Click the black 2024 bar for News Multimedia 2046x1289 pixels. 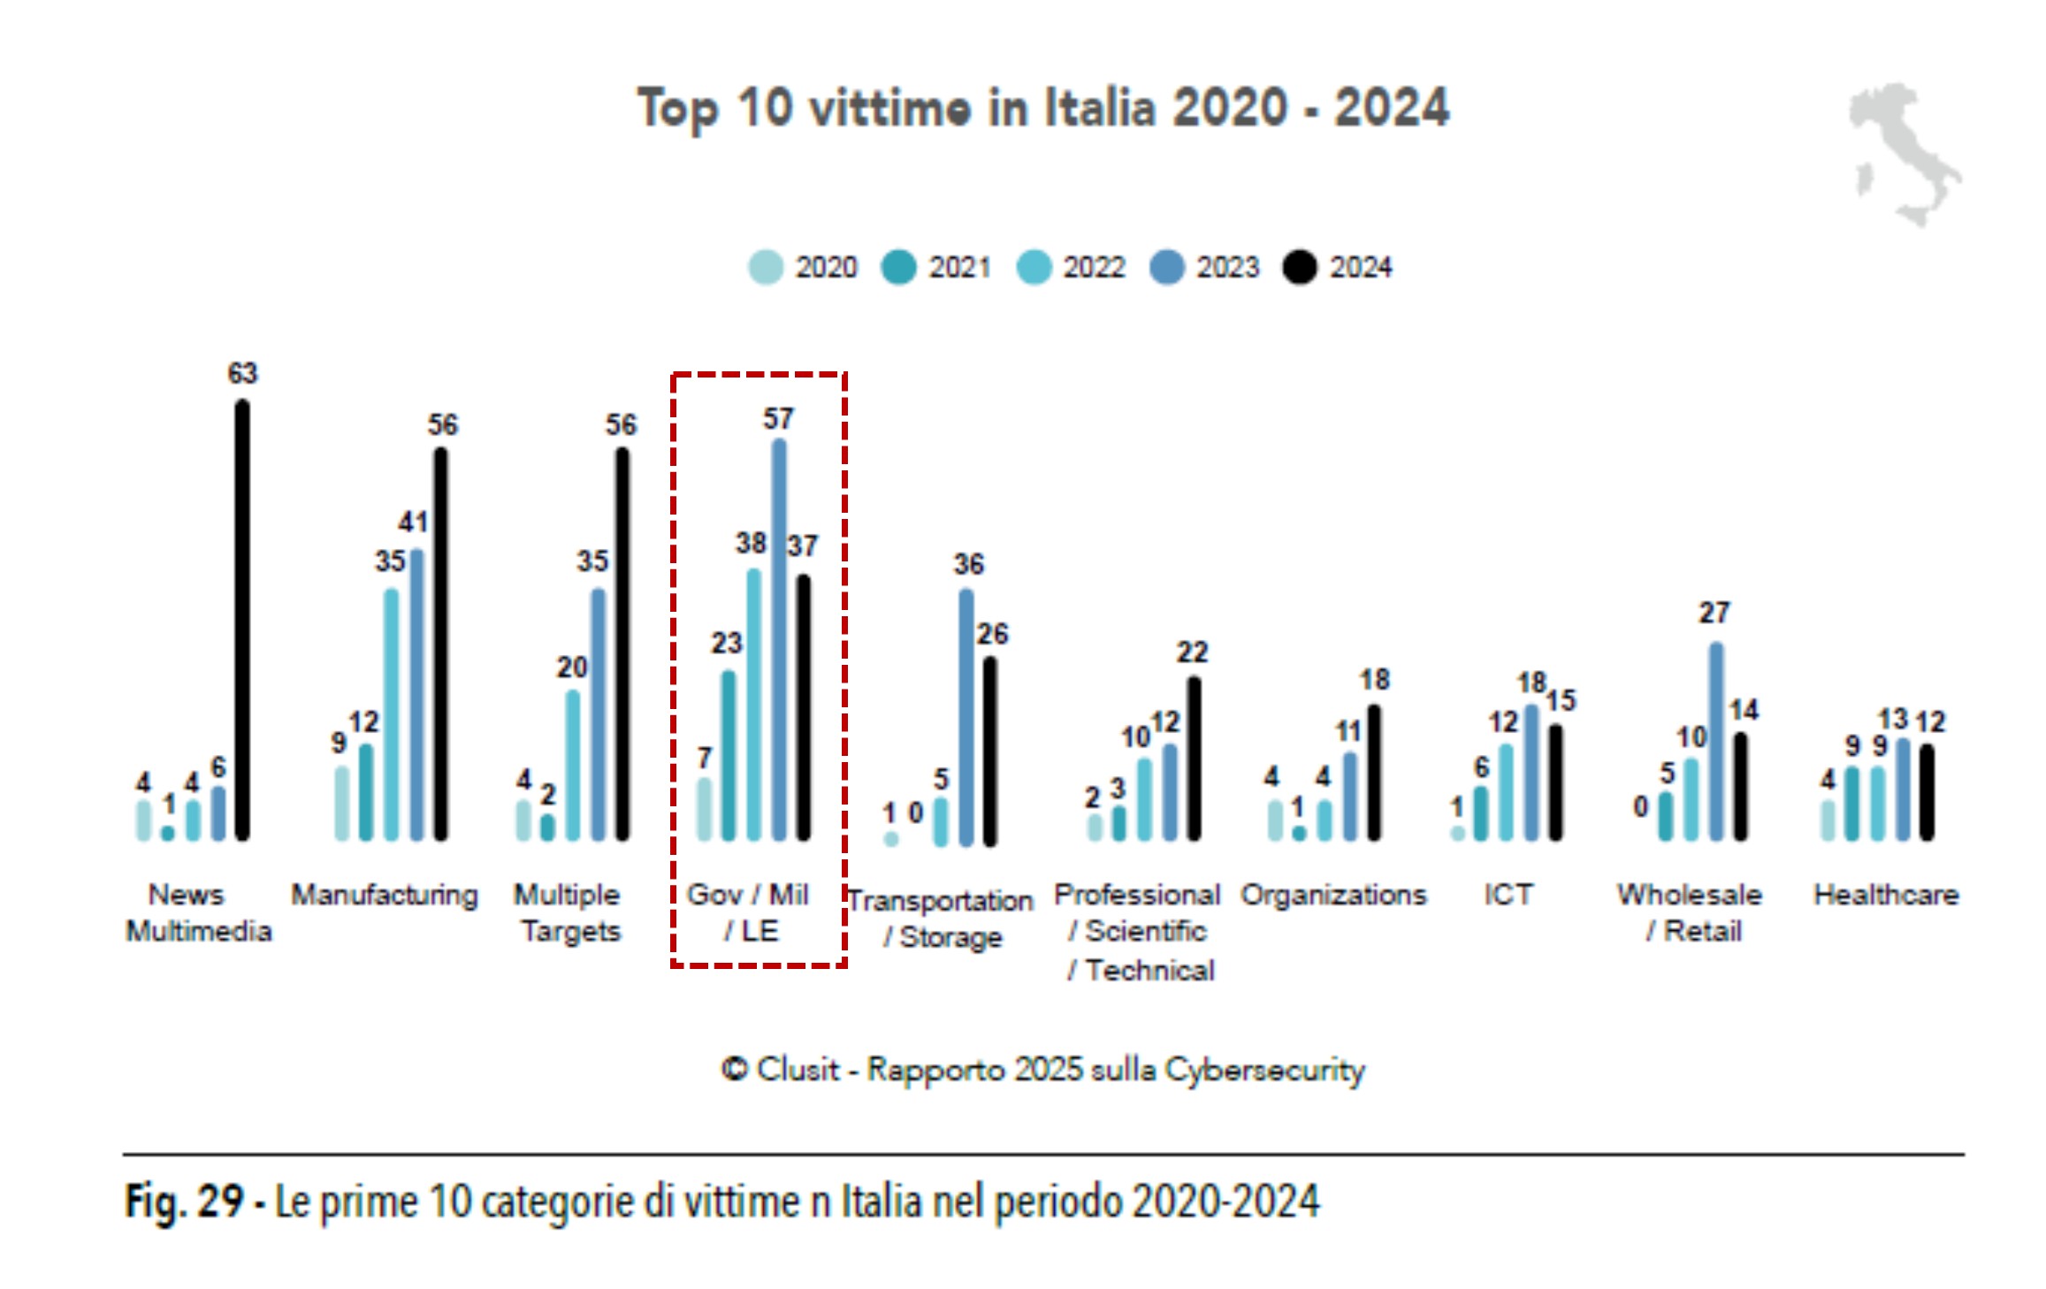pyautogui.click(x=242, y=619)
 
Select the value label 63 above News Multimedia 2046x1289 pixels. pyautogui.click(x=242, y=373)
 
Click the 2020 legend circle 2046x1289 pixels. pyautogui.click(x=766, y=267)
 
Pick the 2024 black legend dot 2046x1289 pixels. pyautogui.click(x=1300, y=267)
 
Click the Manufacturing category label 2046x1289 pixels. pyautogui.click(x=385, y=895)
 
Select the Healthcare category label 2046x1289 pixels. pyautogui.click(x=1886, y=895)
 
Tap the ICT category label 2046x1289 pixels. pyautogui.click(x=1508, y=895)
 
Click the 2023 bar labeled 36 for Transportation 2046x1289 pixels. pyautogui.click(x=966, y=716)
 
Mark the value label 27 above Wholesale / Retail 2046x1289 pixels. pyautogui.click(x=1714, y=613)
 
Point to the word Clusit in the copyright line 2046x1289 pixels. pyautogui.click(x=798, y=1070)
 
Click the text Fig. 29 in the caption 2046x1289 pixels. pyautogui.click(x=183, y=1201)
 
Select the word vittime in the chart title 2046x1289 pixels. pyautogui.click(x=889, y=108)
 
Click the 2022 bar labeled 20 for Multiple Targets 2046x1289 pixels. pyautogui.click(x=573, y=765)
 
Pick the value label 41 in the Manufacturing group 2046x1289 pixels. pyautogui.click(x=413, y=522)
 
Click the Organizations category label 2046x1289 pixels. pyautogui.click(x=1333, y=895)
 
